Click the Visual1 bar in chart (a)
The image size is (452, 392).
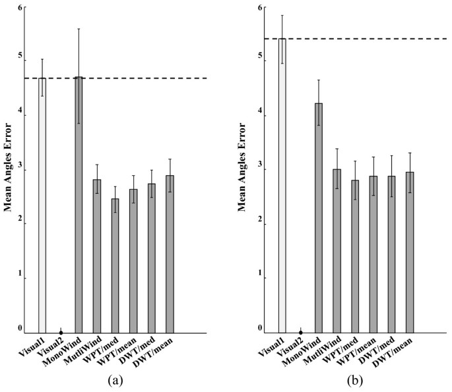point(42,205)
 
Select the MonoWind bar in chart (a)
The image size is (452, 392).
point(79,205)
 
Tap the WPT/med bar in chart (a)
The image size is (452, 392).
point(115,264)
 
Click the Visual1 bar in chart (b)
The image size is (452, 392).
point(282,185)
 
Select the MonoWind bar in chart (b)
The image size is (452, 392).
point(319,217)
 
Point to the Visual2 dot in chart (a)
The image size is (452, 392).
point(61,332)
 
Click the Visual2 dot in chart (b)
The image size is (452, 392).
point(301,332)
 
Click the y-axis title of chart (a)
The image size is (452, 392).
point(9,169)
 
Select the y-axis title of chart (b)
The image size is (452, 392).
point(249,169)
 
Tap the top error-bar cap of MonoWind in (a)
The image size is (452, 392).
point(79,29)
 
